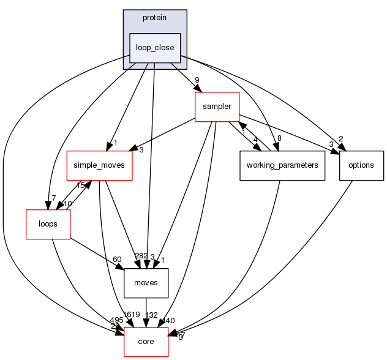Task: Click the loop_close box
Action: (154, 47)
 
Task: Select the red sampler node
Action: (216, 107)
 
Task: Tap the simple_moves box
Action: (99, 165)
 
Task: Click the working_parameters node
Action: (282, 165)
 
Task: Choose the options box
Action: (361, 165)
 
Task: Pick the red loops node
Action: (48, 224)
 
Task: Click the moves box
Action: (146, 283)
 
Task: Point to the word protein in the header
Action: (154, 18)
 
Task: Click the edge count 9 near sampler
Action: (197, 80)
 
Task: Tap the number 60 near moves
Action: (117, 260)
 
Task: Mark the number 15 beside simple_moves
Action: (80, 186)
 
